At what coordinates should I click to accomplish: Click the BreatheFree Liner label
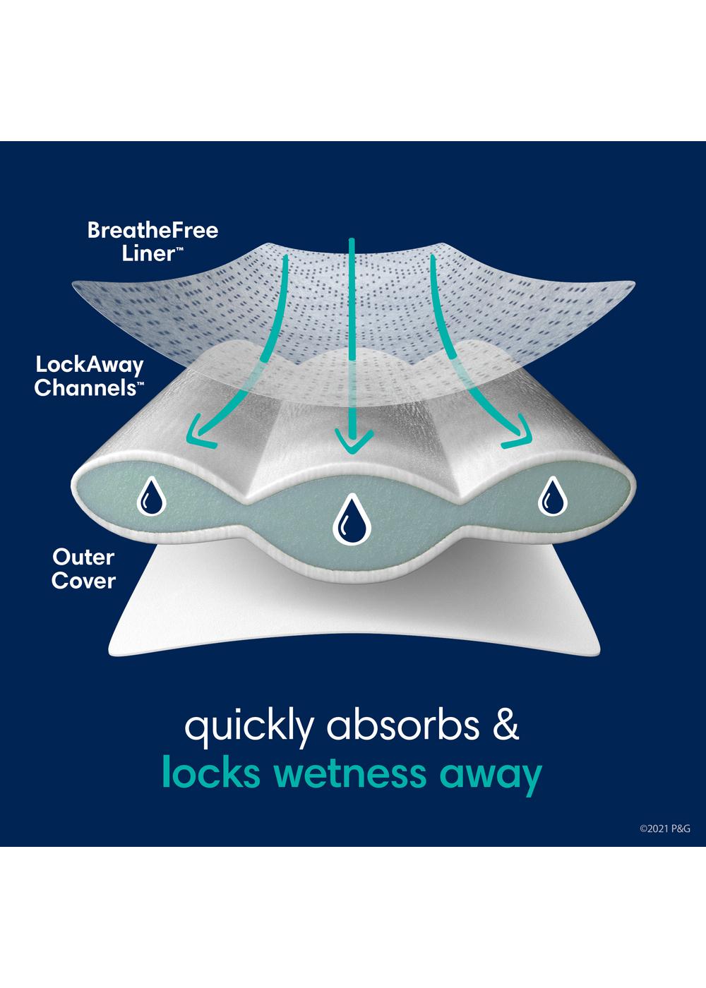152,242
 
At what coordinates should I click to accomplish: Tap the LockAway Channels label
89,376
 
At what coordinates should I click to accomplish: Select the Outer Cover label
83,569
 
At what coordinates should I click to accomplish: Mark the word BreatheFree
152,231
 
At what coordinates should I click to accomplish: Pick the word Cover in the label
83,581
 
